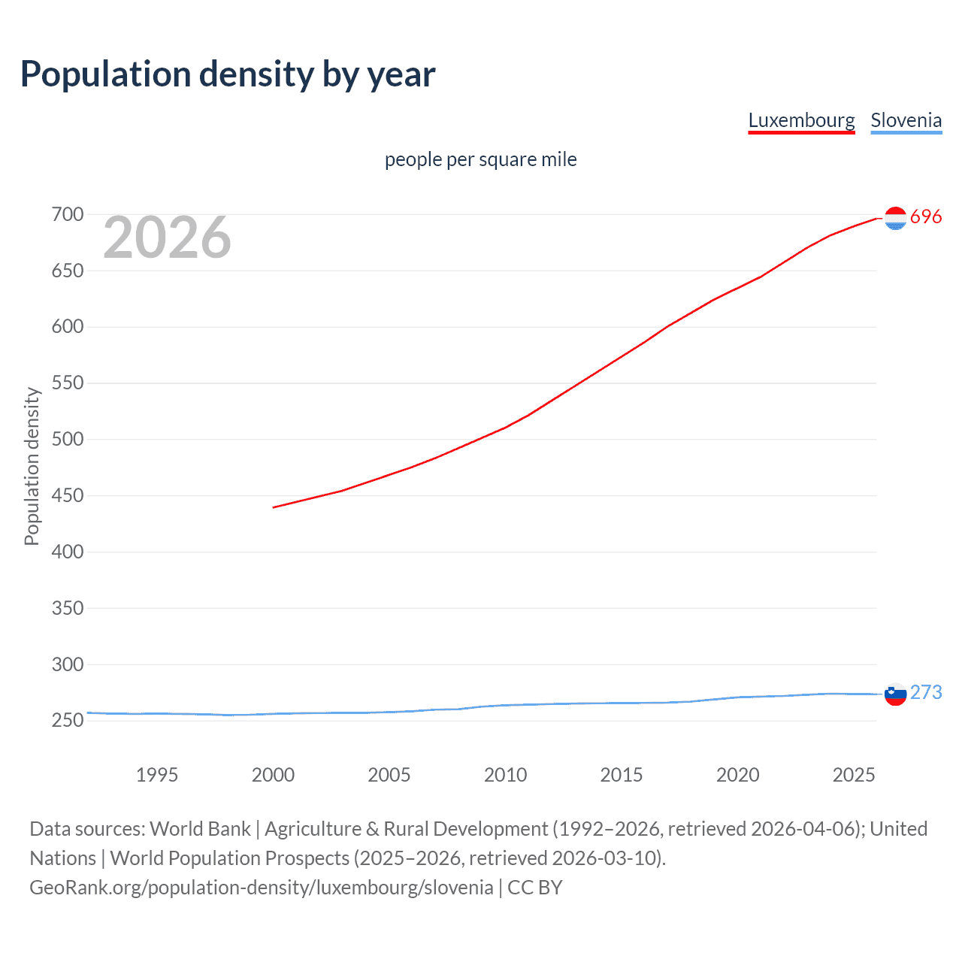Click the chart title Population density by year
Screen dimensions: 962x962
[228, 74]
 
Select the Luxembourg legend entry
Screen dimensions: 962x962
[801, 120]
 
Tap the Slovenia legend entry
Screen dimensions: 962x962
[906, 120]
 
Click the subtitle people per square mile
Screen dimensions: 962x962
[480, 159]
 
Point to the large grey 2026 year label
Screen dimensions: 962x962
[167, 237]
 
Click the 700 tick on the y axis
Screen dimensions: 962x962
[68, 215]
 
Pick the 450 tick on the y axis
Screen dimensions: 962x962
[68, 496]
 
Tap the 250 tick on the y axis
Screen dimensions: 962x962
[68, 721]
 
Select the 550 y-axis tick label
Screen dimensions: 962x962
[68, 383]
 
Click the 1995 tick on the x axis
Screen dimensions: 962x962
[156, 775]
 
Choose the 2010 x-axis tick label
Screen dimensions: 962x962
[505, 775]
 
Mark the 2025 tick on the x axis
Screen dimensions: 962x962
[854, 775]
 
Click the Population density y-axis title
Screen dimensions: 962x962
[32, 466]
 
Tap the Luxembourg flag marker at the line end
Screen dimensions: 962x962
[895, 218]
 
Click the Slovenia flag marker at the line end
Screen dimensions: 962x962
[895, 694]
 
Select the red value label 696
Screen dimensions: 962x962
[926, 217]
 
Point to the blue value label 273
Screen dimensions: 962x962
[926, 692]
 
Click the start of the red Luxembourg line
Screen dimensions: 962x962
[274, 507]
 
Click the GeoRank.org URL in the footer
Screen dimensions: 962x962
[261, 888]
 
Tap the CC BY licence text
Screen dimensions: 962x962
[535, 888]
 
